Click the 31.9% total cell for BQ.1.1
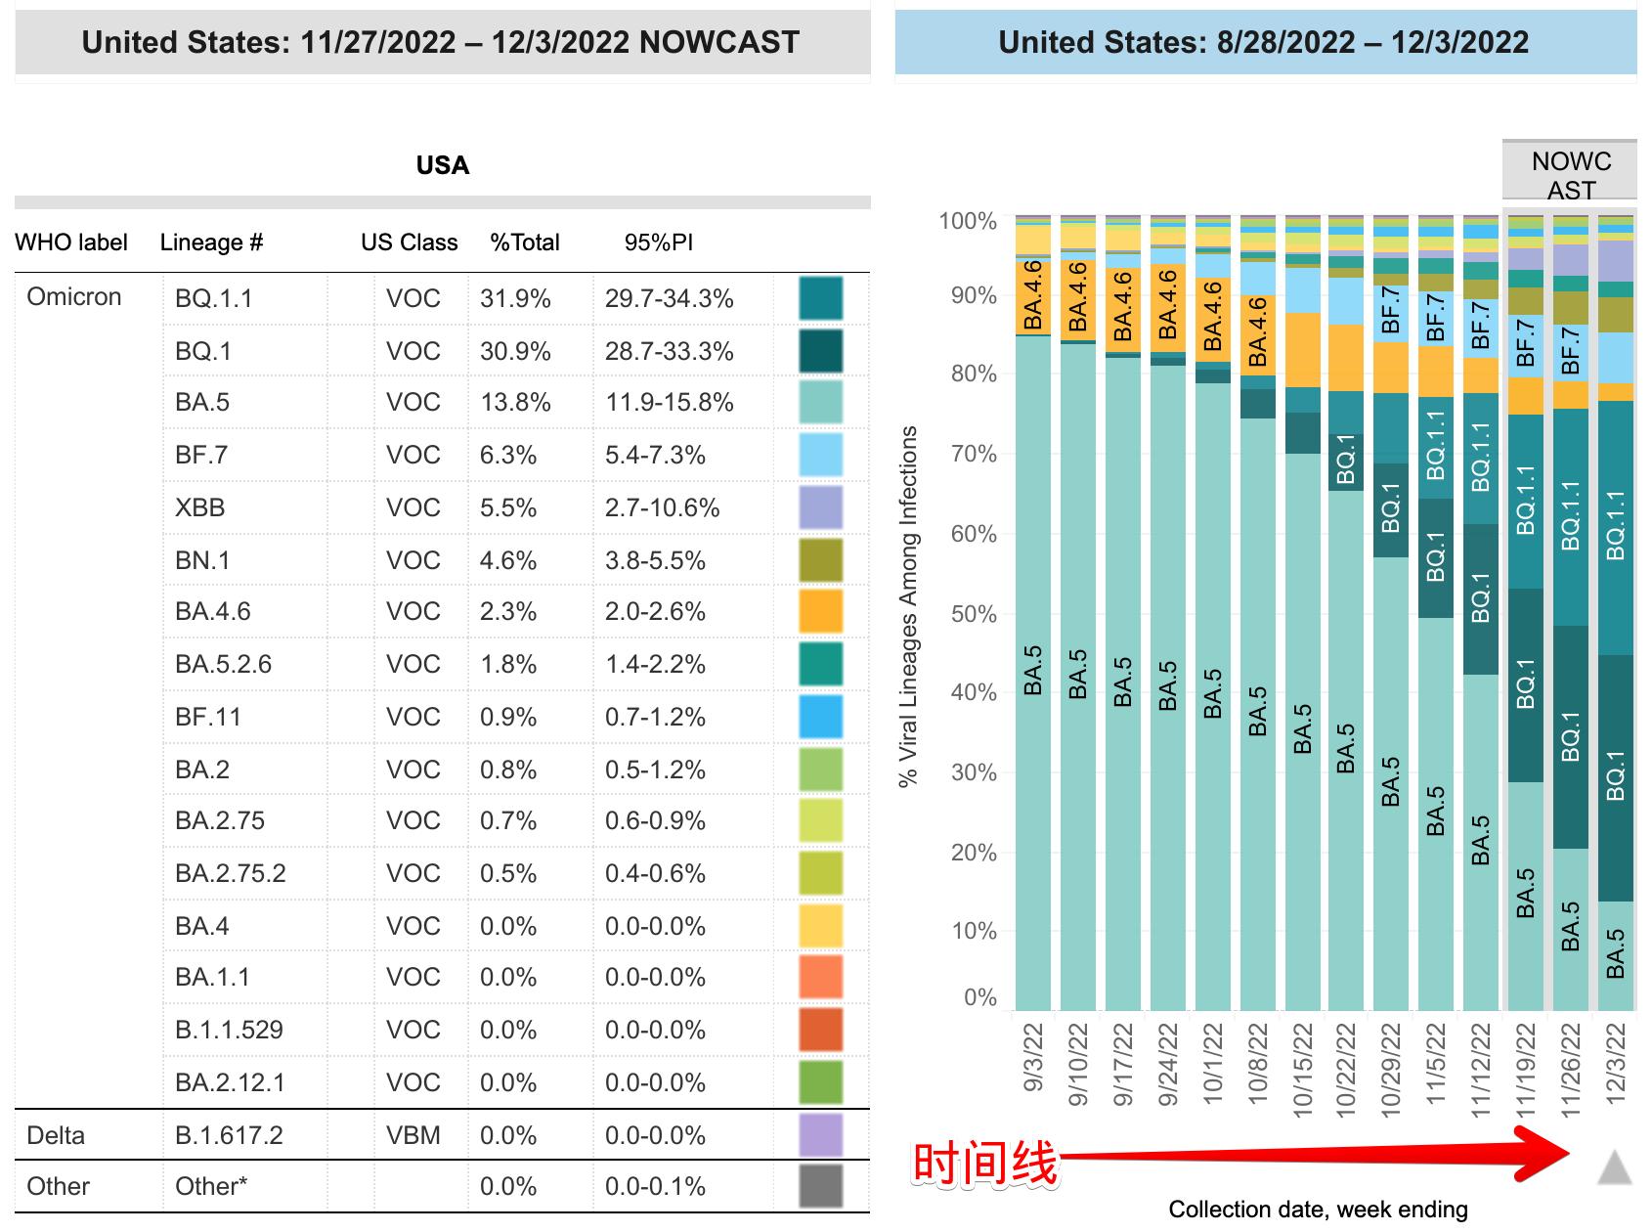(x=515, y=298)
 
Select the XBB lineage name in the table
(x=200, y=507)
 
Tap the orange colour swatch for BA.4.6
(x=820, y=612)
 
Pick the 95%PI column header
(x=659, y=242)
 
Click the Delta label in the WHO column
(x=56, y=1135)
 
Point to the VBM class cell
(x=413, y=1135)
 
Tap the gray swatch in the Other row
(x=820, y=1186)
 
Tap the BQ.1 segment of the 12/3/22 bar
(x=1616, y=777)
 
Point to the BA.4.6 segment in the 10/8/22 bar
(x=1258, y=332)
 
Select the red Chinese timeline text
(x=985, y=1164)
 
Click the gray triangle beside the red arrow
(x=1615, y=1166)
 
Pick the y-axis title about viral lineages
(x=910, y=606)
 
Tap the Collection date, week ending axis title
(x=1318, y=1210)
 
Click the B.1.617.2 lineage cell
(x=229, y=1135)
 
